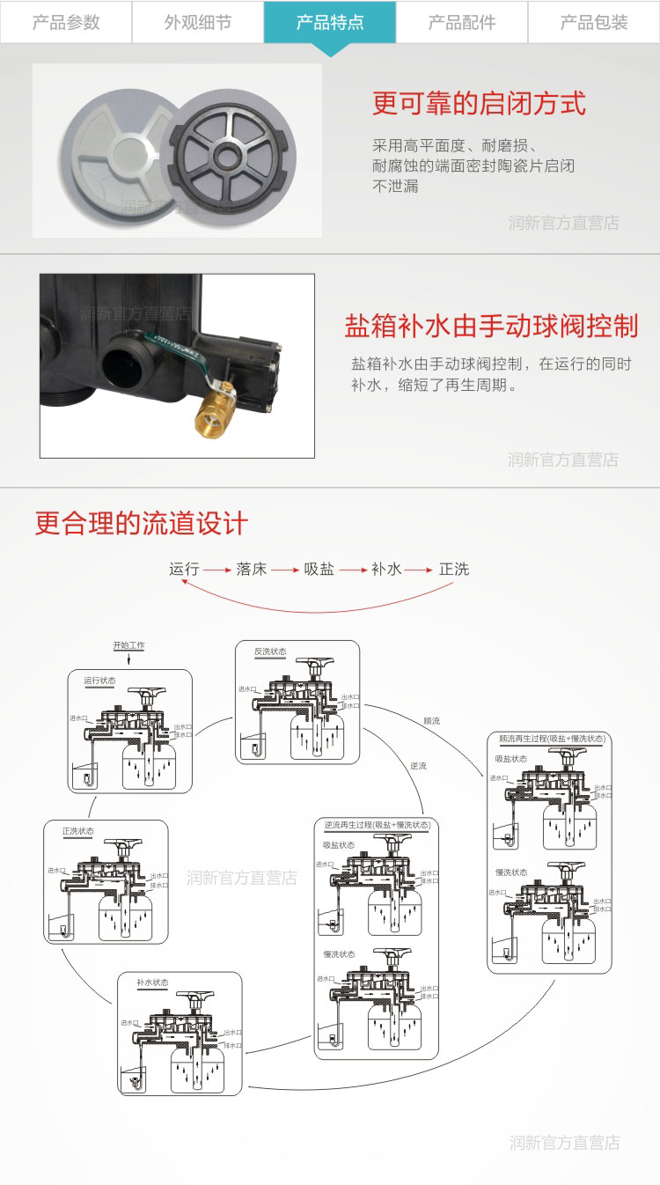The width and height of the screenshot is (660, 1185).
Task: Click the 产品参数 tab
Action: (x=66, y=22)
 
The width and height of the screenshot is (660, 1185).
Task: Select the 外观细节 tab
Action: (x=198, y=22)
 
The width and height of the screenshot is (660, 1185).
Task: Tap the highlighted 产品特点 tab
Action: (x=330, y=22)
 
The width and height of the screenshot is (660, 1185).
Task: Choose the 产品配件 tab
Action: (x=462, y=22)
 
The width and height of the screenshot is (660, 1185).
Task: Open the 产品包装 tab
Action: (x=594, y=22)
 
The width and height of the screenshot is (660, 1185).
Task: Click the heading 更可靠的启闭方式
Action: (x=479, y=104)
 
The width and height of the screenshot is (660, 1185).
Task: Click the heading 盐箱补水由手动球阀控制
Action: (x=491, y=326)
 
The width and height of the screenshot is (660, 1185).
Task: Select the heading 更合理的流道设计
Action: (x=142, y=524)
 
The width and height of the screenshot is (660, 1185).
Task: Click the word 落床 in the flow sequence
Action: (x=252, y=569)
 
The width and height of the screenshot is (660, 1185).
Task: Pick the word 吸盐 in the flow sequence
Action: (x=319, y=569)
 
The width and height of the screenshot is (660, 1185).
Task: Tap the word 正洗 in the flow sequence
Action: (x=454, y=569)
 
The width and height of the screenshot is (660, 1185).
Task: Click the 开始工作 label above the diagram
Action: (x=128, y=645)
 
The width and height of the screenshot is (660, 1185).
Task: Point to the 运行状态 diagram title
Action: (x=100, y=681)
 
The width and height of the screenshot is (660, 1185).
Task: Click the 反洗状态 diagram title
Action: (x=270, y=651)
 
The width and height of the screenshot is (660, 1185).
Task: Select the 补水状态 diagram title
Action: (x=152, y=983)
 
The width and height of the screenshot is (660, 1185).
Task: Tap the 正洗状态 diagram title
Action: (x=77, y=831)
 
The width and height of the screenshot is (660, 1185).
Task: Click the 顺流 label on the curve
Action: (x=431, y=721)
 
